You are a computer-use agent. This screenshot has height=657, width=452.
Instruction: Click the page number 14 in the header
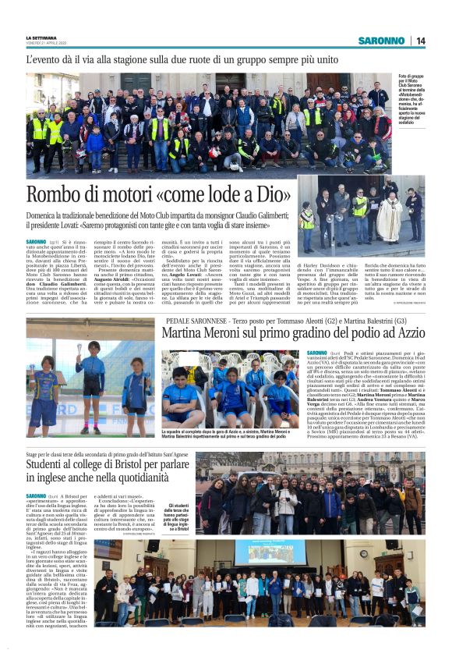point(421,41)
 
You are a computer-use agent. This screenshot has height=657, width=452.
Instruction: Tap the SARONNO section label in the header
point(381,41)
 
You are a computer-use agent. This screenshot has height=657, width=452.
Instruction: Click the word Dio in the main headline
point(268,195)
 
